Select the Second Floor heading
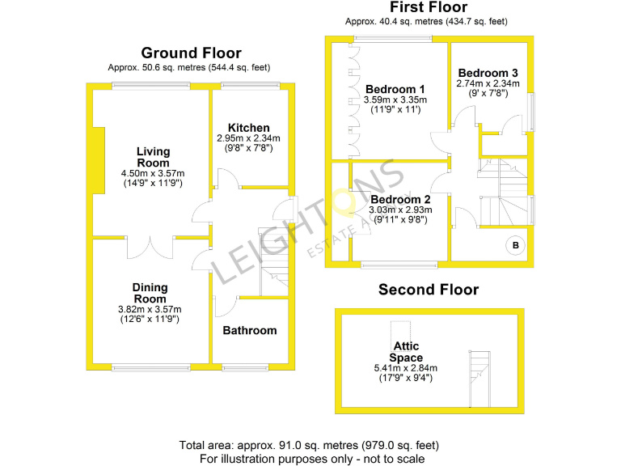coord(429,290)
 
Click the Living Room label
coord(153,157)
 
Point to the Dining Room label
coord(150,293)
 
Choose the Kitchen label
coord(249,128)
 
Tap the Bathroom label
coord(250,330)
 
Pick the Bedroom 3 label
coord(488,73)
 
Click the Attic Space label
coord(405,352)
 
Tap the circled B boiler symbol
coord(514,246)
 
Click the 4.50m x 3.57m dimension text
coord(153,173)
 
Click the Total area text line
coord(311,445)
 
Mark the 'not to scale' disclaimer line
coord(311,458)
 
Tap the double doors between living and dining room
coord(150,245)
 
